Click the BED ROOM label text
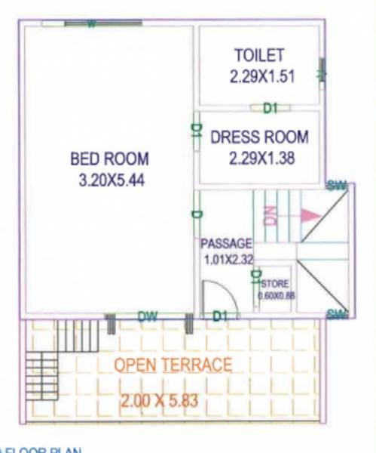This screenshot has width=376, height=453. (109, 159)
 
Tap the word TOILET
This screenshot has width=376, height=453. (258, 55)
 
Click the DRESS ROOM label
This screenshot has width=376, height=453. (259, 137)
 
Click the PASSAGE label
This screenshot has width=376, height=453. (225, 244)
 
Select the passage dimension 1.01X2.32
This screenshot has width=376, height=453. (227, 260)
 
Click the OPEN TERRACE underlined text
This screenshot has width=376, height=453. (173, 365)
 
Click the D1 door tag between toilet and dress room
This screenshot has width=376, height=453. (271, 109)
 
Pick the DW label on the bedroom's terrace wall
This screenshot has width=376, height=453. (147, 317)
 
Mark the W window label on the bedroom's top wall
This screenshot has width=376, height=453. (90, 24)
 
